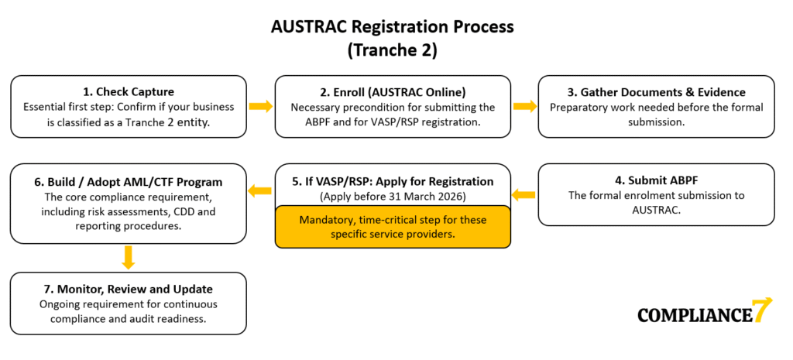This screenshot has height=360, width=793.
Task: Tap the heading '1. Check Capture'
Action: coord(129,93)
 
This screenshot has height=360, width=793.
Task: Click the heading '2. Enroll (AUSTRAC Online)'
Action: coord(393,93)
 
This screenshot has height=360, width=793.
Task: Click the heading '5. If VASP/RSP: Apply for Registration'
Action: coord(393,181)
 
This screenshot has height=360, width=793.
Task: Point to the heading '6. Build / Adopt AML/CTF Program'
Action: coord(129,182)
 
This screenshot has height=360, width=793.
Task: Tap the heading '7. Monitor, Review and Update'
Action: coord(129,289)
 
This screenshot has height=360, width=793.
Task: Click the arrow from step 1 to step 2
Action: coord(261,106)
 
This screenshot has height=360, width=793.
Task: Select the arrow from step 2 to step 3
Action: coord(525,106)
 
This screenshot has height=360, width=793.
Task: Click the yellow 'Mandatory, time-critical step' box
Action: coord(393,226)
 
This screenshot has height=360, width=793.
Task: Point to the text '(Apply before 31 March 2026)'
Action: coord(393,195)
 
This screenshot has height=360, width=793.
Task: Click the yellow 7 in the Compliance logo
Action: coord(762,310)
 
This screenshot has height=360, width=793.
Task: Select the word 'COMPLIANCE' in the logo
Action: coord(695,314)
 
